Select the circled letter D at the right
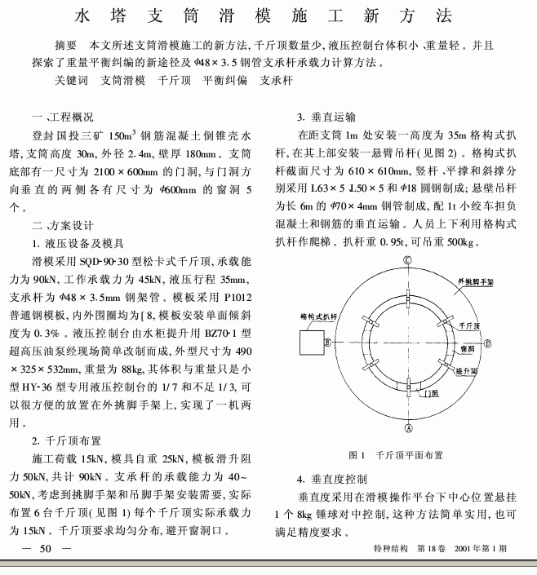(x=489, y=344)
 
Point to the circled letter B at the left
(x=327, y=343)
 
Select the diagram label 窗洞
(x=468, y=347)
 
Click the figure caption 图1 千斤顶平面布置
(x=396, y=455)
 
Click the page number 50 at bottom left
(x=46, y=548)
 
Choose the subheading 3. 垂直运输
(x=326, y=117)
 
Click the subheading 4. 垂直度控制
(x=331, y=478)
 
